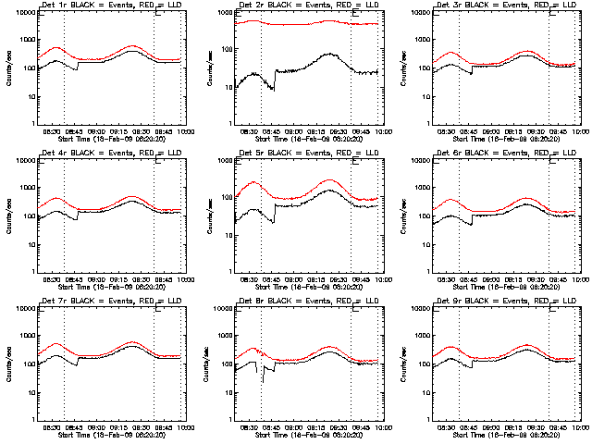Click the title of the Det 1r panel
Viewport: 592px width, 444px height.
[106, 6]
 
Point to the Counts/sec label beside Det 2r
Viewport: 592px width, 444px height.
[209, 68]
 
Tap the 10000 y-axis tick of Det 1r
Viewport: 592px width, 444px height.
[23, 13]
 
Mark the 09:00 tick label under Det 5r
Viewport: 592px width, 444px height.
[293, 280]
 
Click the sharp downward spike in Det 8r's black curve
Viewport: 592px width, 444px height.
[263, 381]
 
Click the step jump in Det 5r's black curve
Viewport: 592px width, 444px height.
[275, 213]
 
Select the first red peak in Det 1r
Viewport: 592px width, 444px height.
[57, 47]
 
